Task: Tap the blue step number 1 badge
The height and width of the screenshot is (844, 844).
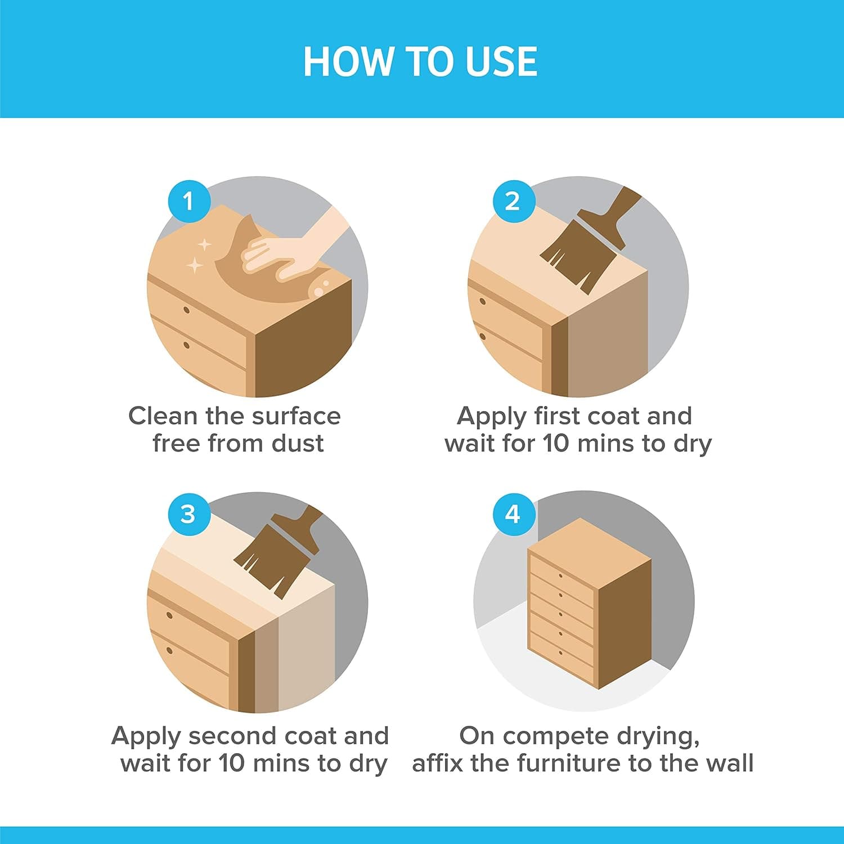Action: (188, 200)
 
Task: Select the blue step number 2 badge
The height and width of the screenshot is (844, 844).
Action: (513, 200)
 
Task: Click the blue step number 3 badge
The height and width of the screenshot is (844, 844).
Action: (188, 513)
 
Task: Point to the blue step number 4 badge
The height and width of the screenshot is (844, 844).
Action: (513, 513)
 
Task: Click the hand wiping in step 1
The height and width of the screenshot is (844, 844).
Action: (293, 248)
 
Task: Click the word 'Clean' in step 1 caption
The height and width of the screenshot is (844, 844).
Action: (163, 416)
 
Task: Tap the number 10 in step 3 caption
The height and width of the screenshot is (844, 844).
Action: (231, 763)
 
